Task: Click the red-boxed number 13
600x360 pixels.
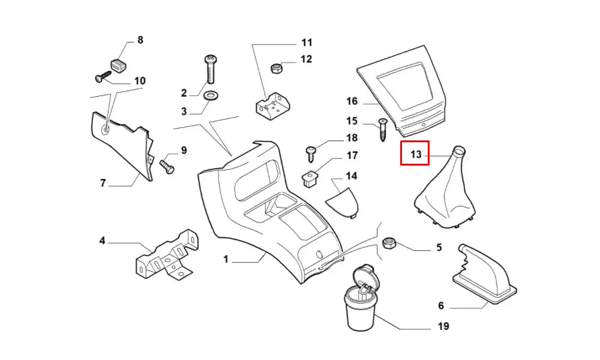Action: tap(415, 155)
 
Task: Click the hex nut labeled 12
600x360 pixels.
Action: tap(277, 68)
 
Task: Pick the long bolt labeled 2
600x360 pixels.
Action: tap(211, 70)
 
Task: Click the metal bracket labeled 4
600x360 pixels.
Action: tap(167, 256)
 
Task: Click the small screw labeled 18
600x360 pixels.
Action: tap(311, 154)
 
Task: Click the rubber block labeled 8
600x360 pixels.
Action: tap(119, 63)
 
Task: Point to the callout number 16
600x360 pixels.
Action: tap(352, 101)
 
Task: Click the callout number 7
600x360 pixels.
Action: tap(103, 183)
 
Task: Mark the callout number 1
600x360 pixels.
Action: tap(226, 259)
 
